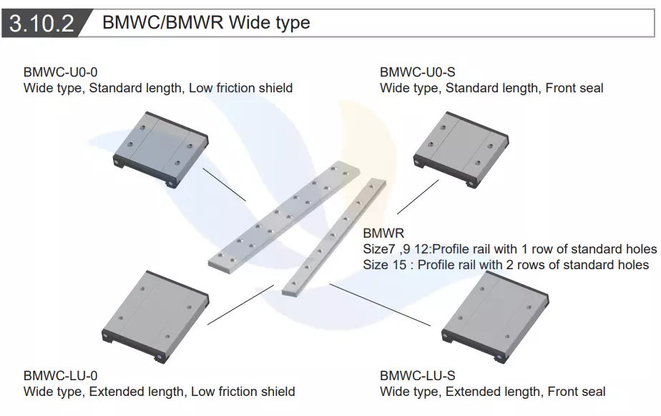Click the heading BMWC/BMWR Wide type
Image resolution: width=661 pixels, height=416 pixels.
pyautogui.click(x=206, y=22)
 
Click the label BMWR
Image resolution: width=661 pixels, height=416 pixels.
pyautogui.click(x=383, y=233)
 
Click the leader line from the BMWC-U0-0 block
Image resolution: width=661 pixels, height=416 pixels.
pyautogui.click(x=225, y=185)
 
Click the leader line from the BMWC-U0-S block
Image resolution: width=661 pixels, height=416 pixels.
pyautogui.click(x=417, y=197)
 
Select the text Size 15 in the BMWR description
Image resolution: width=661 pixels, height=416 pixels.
pyautogui.click(x=386, y=265)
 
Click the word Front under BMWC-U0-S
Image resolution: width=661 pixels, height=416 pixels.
pyautogui.click(x=562, y=88)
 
